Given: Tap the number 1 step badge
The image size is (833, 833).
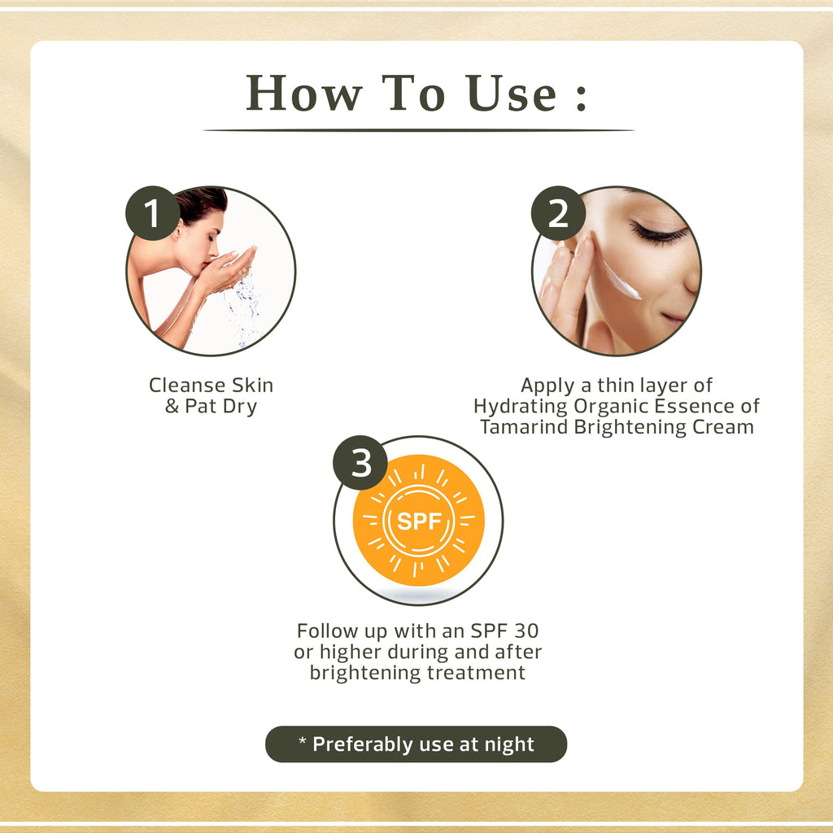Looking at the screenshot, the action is point(152,213).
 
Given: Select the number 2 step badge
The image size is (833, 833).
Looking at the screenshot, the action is point(558,213).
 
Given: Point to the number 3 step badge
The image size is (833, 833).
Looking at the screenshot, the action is point(360,463).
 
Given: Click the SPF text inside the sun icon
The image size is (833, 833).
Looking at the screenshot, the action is point(419,521).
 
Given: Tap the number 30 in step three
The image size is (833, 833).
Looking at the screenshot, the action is point(526,631).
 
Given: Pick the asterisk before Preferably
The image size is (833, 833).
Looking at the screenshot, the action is point(303,740).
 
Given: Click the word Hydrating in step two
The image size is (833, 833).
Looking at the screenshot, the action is point(520,407).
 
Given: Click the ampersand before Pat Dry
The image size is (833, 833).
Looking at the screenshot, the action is point(172,407).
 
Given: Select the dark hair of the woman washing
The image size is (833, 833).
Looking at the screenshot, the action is point(201,203).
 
